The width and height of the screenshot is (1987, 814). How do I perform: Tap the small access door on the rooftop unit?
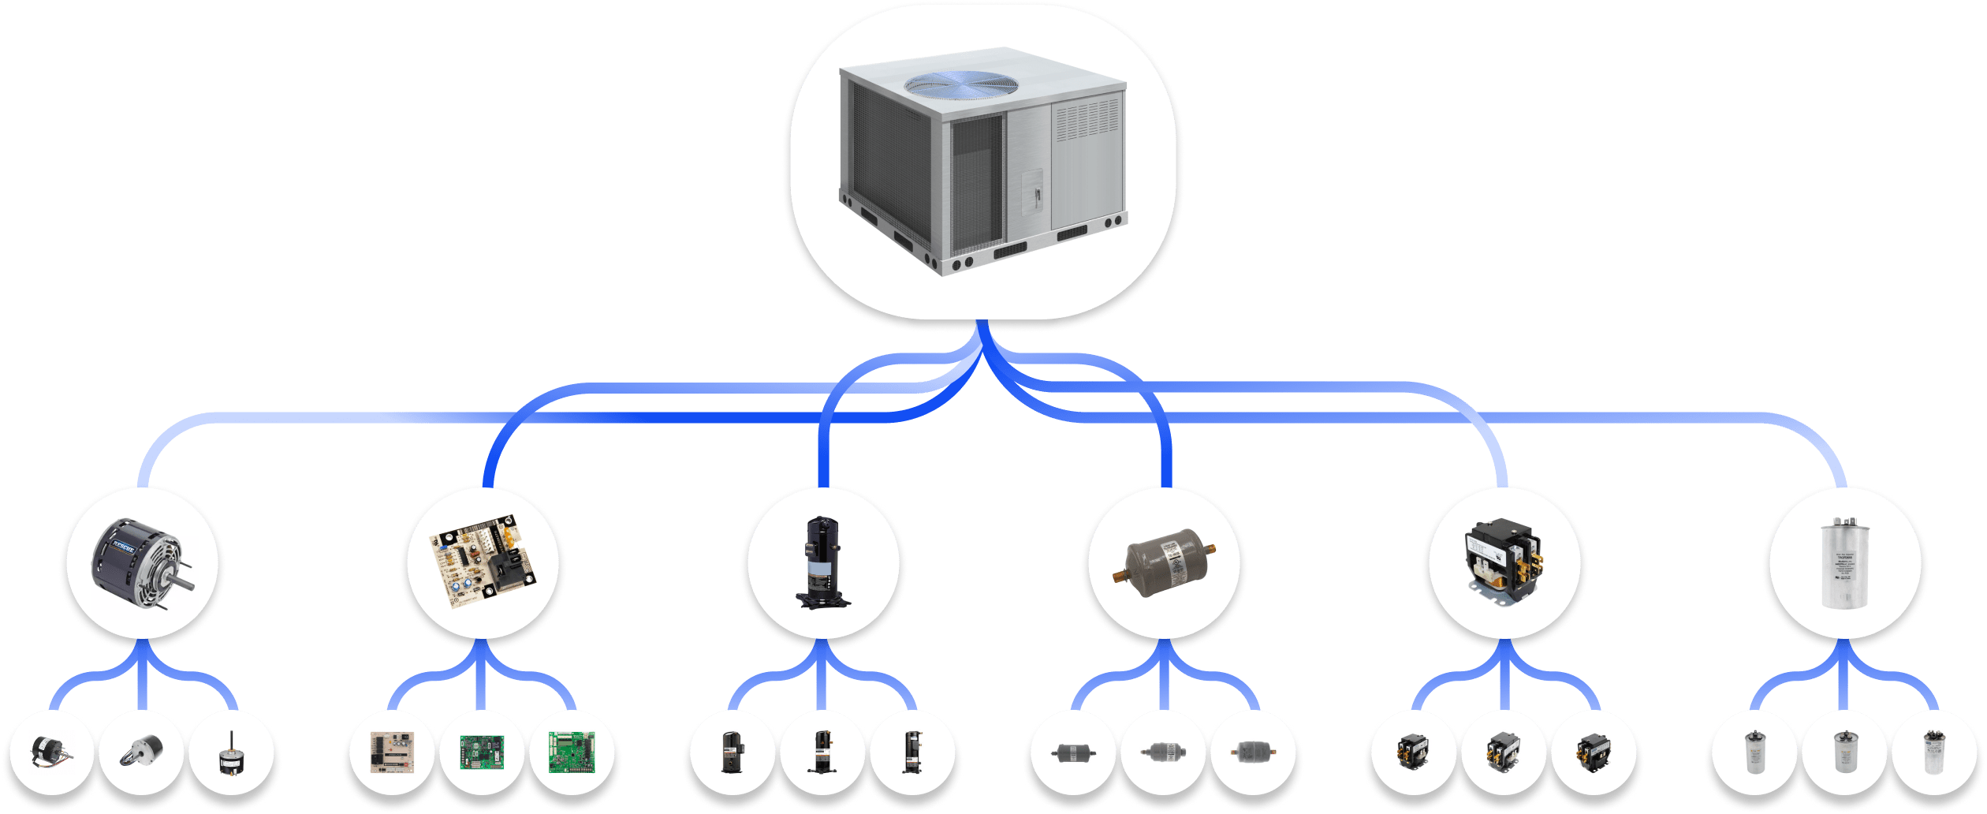(x=1032, y=192)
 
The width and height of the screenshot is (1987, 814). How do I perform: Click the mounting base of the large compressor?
(x=823, y=600)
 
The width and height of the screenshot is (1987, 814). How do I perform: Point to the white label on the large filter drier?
(x=1174, y=557)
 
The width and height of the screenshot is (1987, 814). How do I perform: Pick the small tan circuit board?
(x=393, y=752)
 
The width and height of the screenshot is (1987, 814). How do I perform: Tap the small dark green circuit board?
(x=482, y=752)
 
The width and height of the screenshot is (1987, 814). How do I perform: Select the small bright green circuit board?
(x=572, y=752)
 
